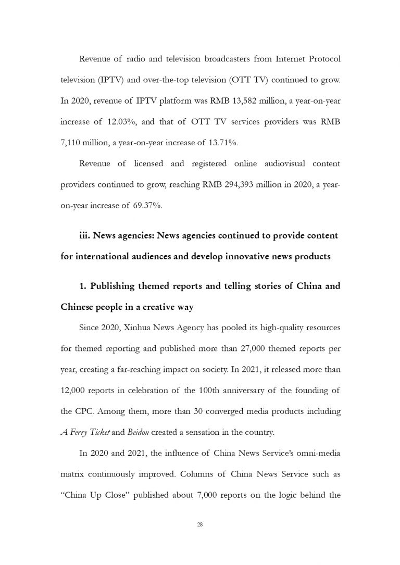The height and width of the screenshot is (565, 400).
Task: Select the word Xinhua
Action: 139,329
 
